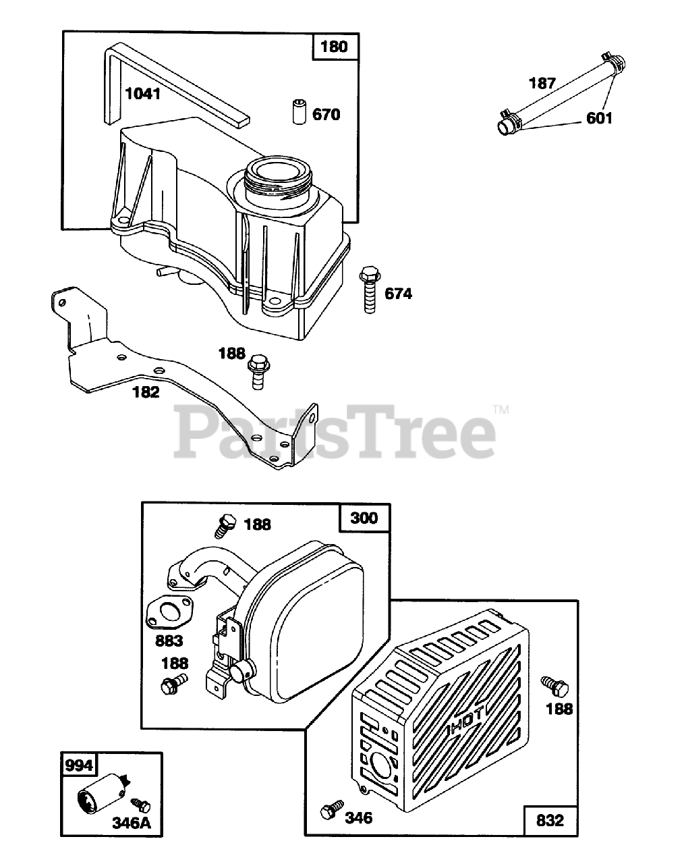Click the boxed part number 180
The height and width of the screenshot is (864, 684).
point(334,47)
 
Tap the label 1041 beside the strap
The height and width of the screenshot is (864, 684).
point(143,93)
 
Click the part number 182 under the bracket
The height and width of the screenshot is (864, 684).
point(146,391)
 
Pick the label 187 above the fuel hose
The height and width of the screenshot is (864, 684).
point(542,83)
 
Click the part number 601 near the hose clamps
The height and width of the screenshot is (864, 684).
point(599,118)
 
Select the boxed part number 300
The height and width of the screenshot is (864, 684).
point(364,518)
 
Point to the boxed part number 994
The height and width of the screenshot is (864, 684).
point(78,765)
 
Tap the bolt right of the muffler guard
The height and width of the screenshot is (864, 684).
point(554,685)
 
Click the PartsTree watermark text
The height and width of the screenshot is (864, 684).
point(336,431)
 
